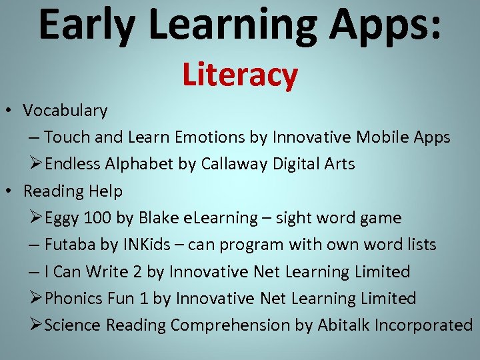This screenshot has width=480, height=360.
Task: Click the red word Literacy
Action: pyautogui.click(x=240, y=75)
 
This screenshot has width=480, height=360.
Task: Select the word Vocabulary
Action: pyautogui.click(x=65, y=111)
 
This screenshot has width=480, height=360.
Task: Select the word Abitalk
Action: pyautogui.click(x=341, y=325)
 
